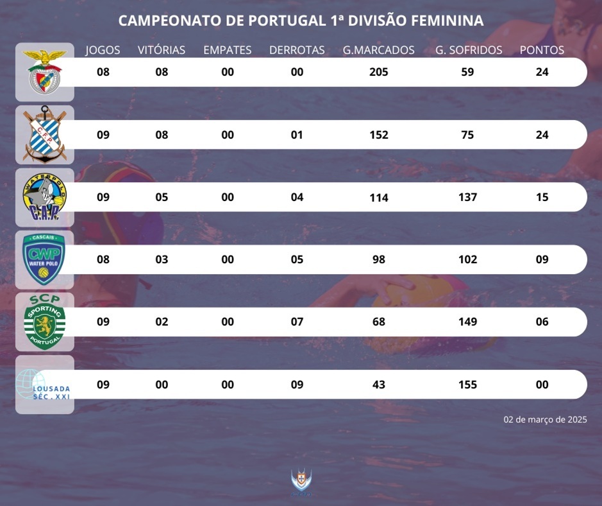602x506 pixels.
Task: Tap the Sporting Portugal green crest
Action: (44, 321)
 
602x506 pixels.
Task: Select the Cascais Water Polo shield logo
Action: (44, 259)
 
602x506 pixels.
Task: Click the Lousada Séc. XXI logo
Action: (44, 385)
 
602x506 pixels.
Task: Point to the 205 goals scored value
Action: (379, 72)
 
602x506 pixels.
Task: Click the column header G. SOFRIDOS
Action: (469, 50)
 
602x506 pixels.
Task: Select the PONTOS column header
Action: (542, 50)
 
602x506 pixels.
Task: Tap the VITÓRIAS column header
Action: (162, 50)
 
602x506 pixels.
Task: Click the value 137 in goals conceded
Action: (468, 197)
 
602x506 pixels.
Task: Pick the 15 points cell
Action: (542, 197)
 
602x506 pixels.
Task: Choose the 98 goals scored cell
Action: (379, 259)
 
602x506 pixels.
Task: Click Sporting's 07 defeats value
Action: (297, 322)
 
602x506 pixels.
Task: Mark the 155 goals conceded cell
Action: (468, 385)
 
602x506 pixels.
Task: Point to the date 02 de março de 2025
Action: (545, 419)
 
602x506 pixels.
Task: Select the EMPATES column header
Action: (228, 50)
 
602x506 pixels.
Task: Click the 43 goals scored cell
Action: (379, 385)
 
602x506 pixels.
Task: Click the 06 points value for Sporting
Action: (542, 322)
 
